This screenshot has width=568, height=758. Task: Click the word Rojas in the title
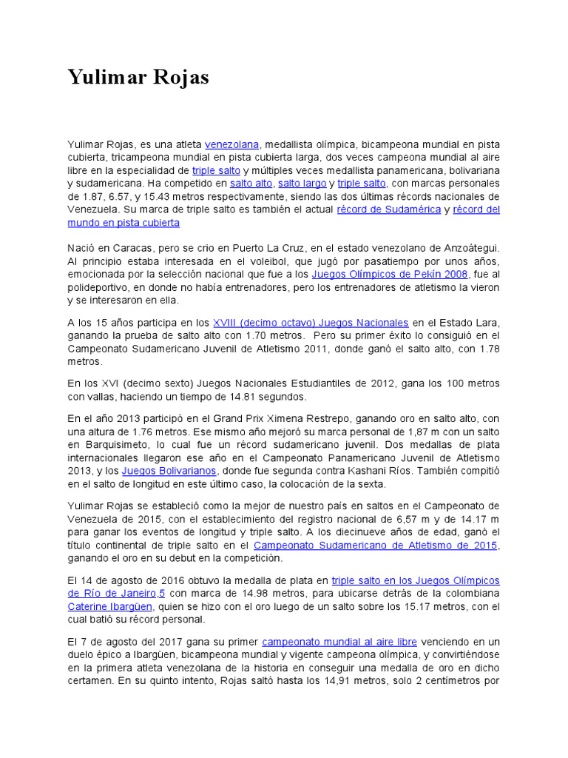(x=183, y=76)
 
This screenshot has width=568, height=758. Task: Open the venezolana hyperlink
(x=231, y=143)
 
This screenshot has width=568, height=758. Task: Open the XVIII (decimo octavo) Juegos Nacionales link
(x=311, y=323)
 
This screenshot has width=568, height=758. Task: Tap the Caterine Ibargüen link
(x=105, y=607)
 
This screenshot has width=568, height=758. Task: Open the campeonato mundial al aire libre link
(x=339, y=642)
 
